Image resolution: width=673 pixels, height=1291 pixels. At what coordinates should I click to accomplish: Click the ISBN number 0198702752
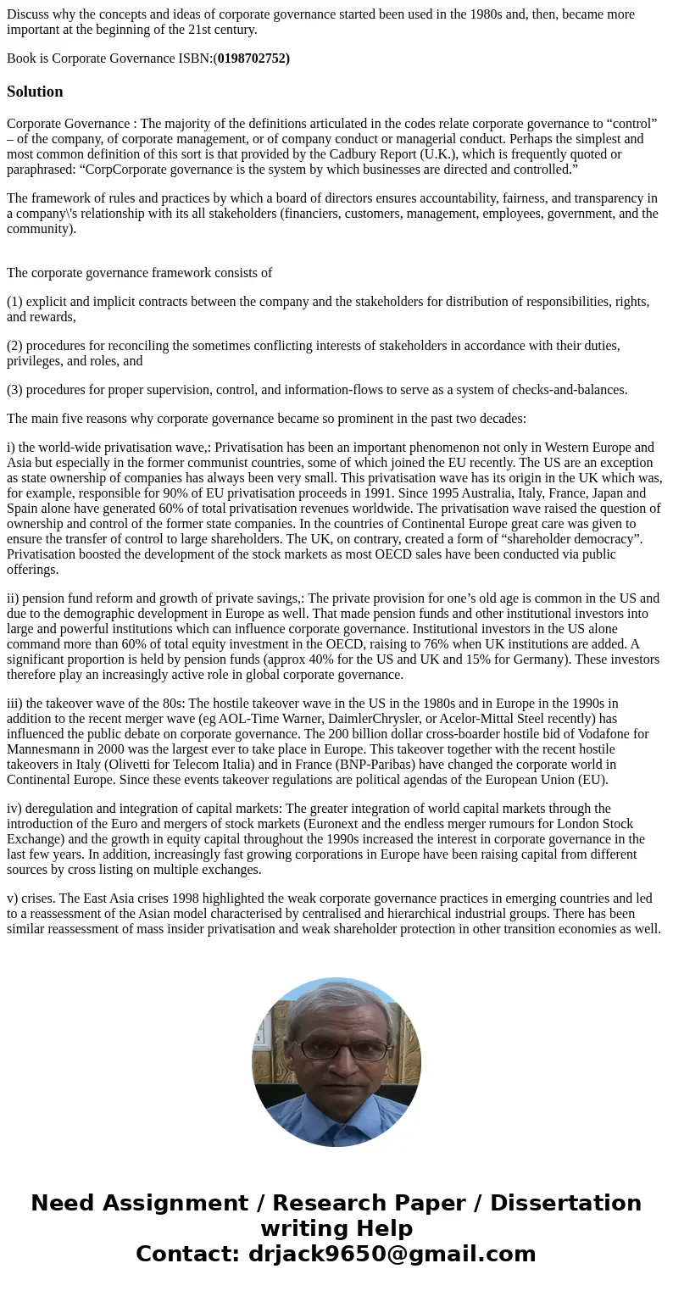coord(253,58)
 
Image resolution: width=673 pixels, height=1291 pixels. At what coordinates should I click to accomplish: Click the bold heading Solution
coord(35,92)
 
